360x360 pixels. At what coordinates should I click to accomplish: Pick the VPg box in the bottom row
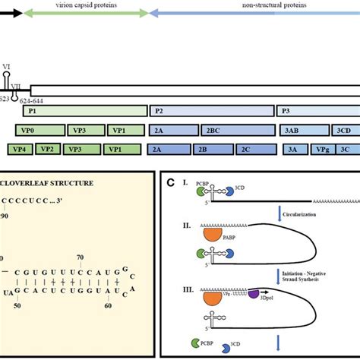[323, 150]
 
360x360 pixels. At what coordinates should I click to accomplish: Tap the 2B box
[204, 150]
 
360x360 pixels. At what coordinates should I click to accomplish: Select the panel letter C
[172, 182]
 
